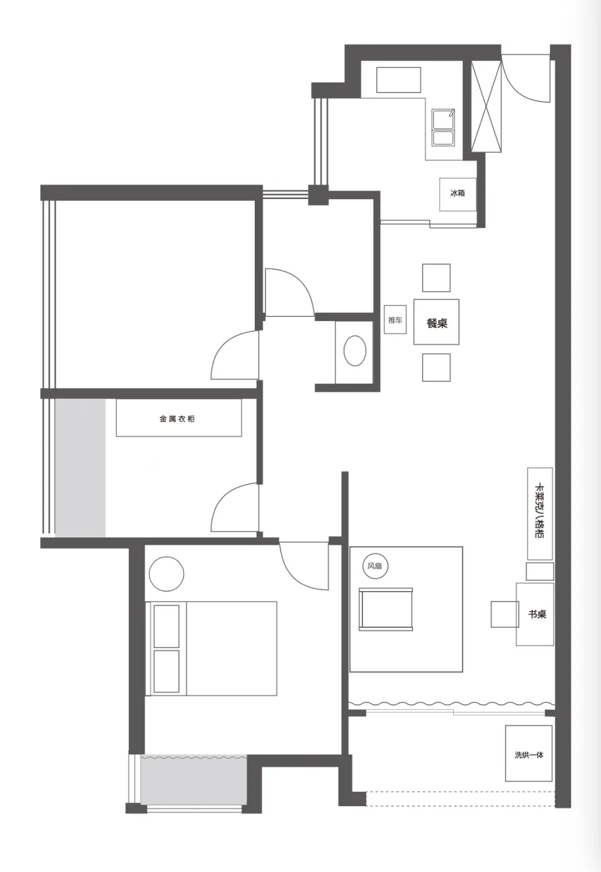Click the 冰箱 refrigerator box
458,195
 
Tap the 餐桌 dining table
436,322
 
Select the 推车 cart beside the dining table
395,320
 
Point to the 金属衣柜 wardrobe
178,418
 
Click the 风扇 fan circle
375,566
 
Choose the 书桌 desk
535,614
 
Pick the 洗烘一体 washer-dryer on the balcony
528,754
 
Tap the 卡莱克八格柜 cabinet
540,513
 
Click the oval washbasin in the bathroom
354,351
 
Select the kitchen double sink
443,127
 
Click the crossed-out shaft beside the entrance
486,106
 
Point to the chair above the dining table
436,278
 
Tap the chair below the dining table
436,367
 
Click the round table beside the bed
166,574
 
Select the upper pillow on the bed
167,626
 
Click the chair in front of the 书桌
505,614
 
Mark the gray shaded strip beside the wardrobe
80,468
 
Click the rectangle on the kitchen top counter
399,80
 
